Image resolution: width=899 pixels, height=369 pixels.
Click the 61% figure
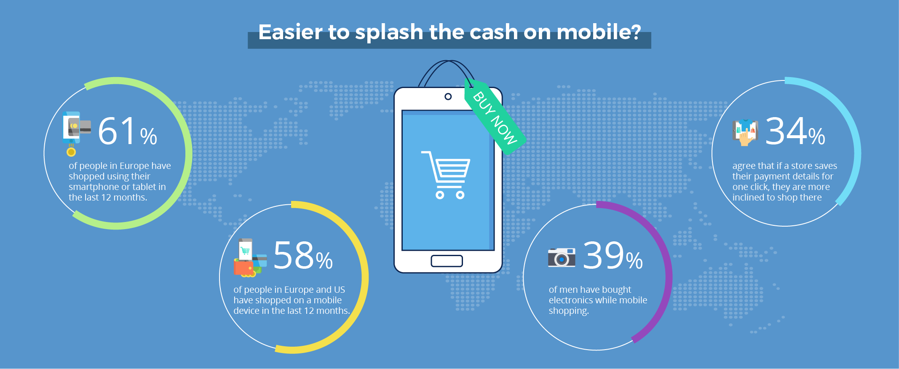pos(128,131)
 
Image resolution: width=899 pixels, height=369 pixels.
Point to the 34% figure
pos(795,131)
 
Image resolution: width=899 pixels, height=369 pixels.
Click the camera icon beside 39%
pos(562,257)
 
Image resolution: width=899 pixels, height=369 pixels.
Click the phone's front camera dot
pos(448,97)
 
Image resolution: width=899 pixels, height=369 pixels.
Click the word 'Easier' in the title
pos(290,32)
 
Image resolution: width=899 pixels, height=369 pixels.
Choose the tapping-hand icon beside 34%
pos(745,132)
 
